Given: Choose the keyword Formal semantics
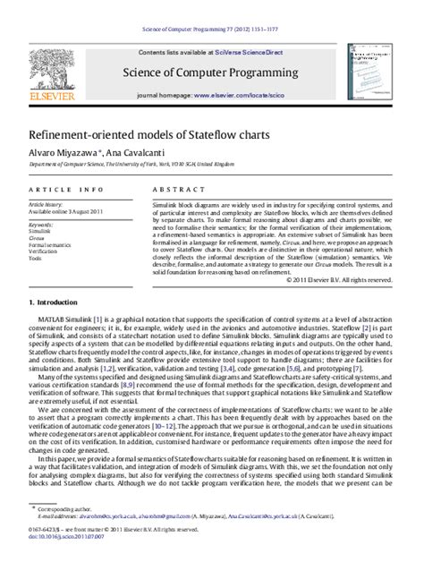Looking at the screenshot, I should coord(50,244).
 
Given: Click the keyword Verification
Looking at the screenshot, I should coord(43,251).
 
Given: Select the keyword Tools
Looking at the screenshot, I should coord(35,259).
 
